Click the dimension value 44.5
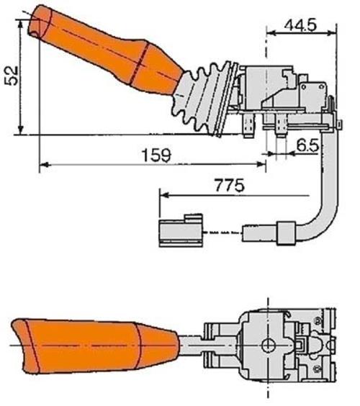[300, 25]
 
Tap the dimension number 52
[12, 76]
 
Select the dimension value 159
[156, 155]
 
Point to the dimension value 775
[230, 185]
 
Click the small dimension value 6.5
[307, 145]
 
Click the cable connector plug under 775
[181, 230]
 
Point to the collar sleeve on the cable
[286, 233]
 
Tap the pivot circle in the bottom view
[269, 345]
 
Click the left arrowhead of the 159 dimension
[45, 164]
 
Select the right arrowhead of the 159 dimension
[261, 164]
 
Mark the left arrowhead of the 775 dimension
[165, 195]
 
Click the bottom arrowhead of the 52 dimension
[21, 130]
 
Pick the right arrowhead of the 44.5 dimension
[332, 32]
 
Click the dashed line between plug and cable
[222, 233]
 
